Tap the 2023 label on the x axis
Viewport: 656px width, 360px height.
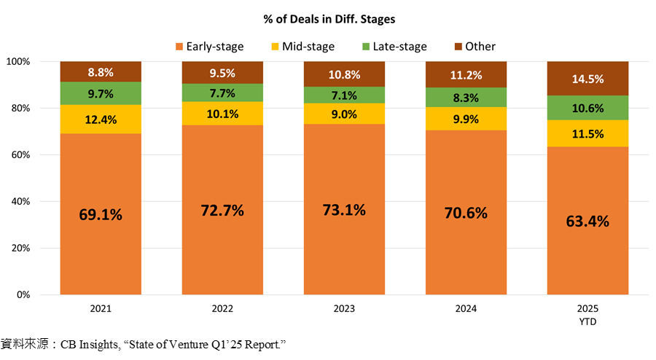click(x=343, y=309)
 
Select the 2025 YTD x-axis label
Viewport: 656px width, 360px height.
click(x=587, y=314)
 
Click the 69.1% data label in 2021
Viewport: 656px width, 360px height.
click(x=101, y=215)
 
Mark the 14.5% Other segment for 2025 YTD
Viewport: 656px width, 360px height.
click(x=587, y=79)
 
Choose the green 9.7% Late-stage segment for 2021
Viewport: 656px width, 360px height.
click(x=101, y=93)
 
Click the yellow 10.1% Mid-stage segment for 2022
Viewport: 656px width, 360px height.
click(x=222, y=113)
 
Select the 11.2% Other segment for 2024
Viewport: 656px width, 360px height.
click(x=466, y=74)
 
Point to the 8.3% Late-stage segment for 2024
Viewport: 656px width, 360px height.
click(x=466, y=98)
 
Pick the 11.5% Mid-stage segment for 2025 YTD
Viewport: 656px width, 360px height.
click(x=587, y=133)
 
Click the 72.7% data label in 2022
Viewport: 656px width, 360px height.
click(x=222, y=211)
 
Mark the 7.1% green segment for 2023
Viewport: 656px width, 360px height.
click(x=343, y=95)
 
